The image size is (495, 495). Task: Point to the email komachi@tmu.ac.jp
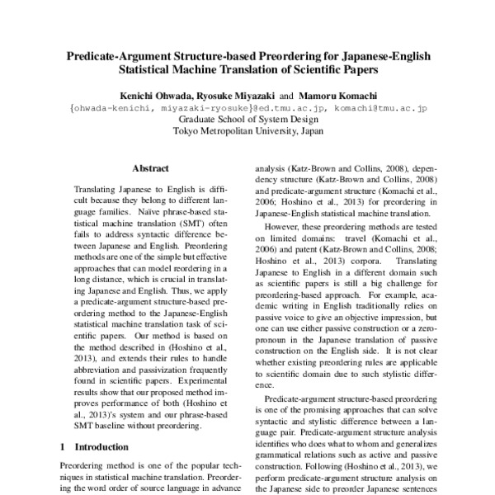click(375, 106)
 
